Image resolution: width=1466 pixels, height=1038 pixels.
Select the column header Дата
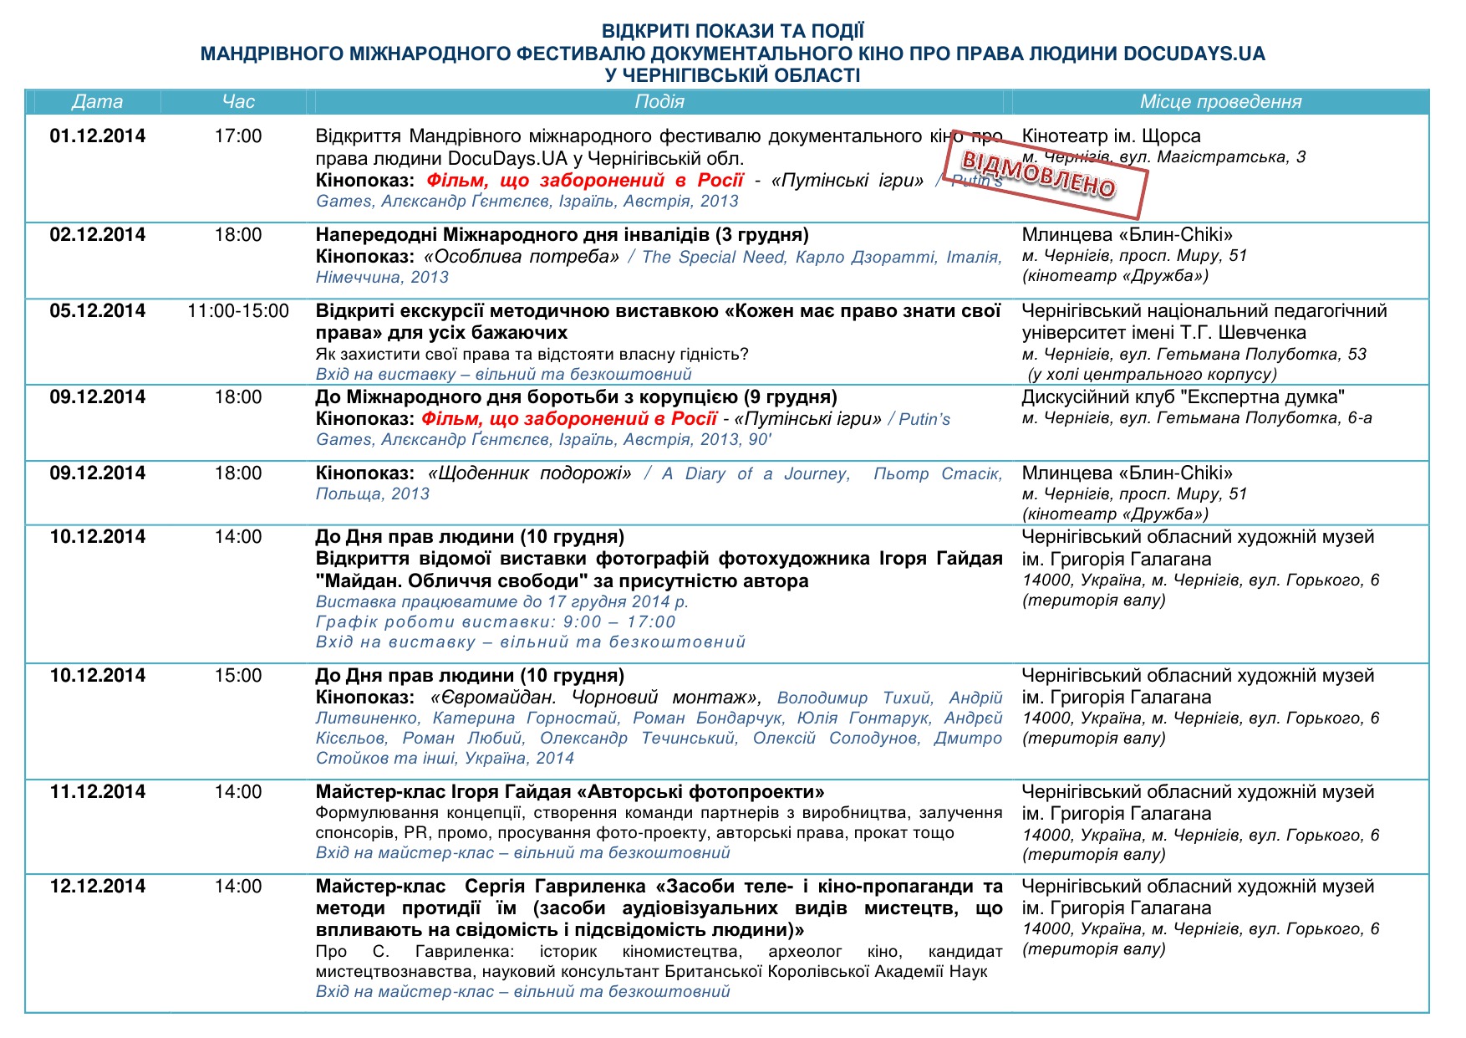tap(97, 102)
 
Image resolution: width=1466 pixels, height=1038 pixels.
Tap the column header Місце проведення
tap(1220, 102)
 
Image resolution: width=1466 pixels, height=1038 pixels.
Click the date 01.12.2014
tap(97, 136)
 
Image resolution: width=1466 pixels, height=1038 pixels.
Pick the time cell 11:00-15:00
tap(238, 311)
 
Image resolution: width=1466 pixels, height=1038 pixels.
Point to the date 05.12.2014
tap(97, 311)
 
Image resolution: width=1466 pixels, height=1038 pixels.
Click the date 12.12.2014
tap(97, 887)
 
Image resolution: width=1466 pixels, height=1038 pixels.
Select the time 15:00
tap(238, 676)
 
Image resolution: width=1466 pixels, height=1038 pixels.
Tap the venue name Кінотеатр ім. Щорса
tap(1111, 136)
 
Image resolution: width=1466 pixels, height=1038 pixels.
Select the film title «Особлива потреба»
tap(522, 257)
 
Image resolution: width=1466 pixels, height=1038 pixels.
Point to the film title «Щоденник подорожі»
tap(530, 473)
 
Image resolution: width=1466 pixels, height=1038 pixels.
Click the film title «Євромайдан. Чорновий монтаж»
tap(595, 698)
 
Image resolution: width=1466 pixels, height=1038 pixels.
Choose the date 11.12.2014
tap(97, 792)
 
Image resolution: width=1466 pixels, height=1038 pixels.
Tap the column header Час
tap(238, 102)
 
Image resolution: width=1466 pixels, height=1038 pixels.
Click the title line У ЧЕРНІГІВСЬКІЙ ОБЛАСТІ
tap(732, 75)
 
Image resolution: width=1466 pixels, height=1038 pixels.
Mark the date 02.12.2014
tap(97, 235)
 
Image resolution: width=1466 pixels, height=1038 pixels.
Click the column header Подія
tap(659, 102)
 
